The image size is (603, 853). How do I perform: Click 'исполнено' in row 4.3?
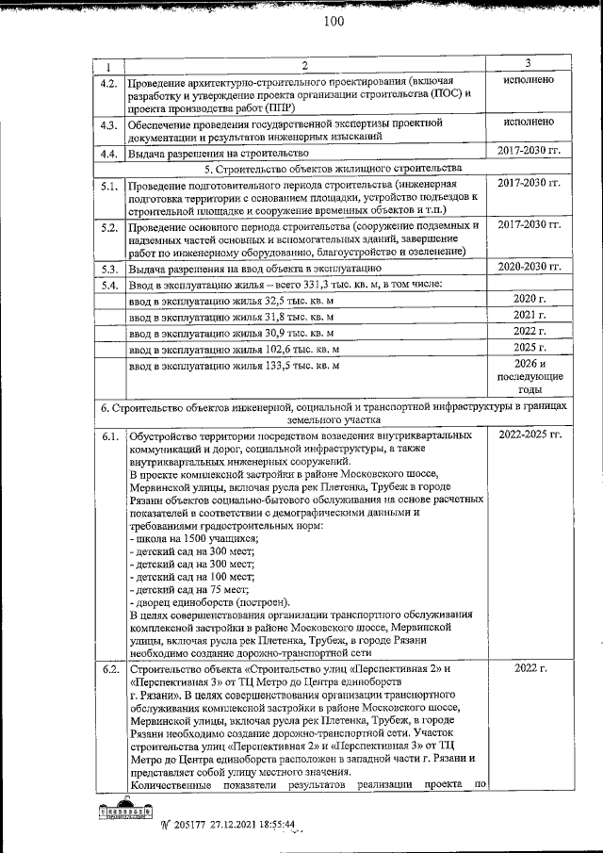pyautogui.click(x=529, y=123)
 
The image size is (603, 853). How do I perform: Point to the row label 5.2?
pyautogui.click(x=108, y=227)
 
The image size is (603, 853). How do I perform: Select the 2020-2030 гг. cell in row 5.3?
pyautogui.click(x=529, y=267)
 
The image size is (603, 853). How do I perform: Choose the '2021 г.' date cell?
pyautogui.click(x=529, y=315)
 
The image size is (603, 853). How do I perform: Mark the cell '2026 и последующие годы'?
pyautogui.click(x=529, y=378)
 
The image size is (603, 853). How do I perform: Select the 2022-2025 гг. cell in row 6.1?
pyautogui.click(x=529, y=435)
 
